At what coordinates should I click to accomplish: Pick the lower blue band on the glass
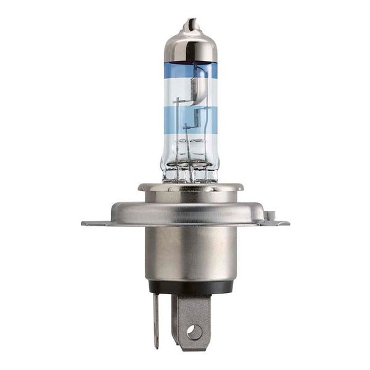point(190,114)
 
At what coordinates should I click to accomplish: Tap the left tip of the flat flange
point(86,223)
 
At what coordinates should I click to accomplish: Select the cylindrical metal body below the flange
point(190,253)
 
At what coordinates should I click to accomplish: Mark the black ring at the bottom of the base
point(190,287)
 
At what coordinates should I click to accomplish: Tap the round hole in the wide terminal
point(194,332)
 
